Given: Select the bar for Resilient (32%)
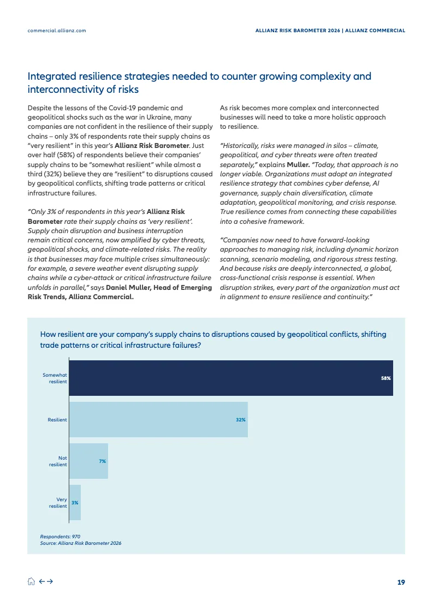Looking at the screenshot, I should tap(158, 419).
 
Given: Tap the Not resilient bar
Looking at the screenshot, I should tap(88, 461).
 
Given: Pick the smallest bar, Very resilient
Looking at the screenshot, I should tap(75, 502).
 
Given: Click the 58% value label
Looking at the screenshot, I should tap(386, 378).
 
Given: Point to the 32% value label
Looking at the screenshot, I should tap(241, 419).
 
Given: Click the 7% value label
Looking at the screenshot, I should tap(102, 461).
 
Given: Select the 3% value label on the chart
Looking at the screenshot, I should tap(75, 502).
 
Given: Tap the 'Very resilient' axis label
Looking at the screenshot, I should tap(58, 502).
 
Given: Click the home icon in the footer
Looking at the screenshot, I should tap(31, 582).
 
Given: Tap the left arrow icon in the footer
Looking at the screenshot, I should tap(41, 582).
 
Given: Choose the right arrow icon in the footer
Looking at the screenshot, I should tap(50, 582).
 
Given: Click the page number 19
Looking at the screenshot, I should tap(401, 583).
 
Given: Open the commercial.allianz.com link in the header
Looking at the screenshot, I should tap(57, 31).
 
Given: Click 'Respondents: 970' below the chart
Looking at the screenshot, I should tap(60, 537).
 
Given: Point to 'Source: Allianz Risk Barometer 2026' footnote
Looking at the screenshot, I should tap(80, 543).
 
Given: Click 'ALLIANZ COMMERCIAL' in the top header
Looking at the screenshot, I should tap(376, 31).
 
